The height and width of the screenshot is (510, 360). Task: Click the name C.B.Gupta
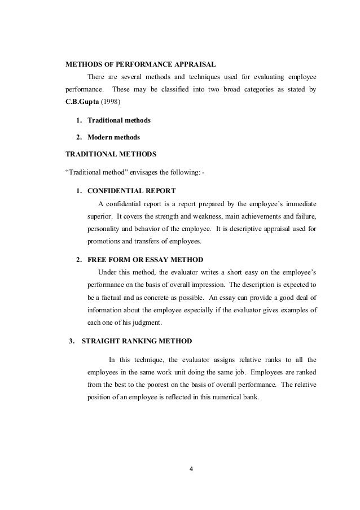click(x=84, y=103)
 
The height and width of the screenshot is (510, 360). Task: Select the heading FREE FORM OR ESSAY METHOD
click(x=145, y=259)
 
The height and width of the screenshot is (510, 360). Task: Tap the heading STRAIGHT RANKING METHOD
click(x=137, y=341)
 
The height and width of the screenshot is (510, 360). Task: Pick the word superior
click(x=100, y=217)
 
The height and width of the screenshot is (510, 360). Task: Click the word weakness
click(x=207, y=217)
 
